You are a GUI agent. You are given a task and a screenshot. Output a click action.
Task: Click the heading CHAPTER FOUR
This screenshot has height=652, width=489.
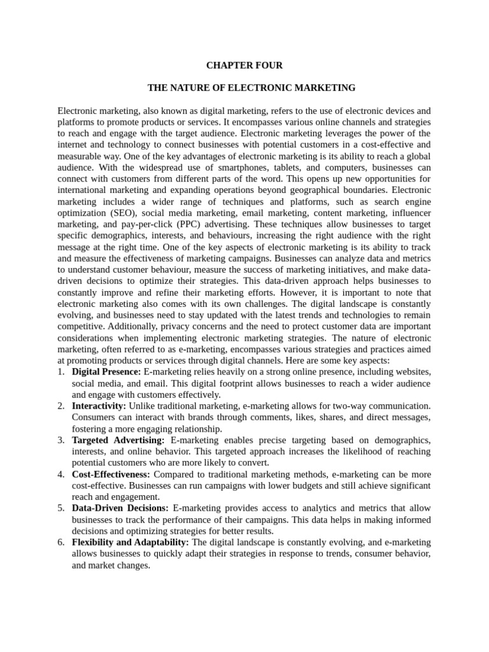[244, 66]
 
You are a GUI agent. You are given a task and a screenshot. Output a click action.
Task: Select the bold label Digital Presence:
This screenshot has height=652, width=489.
[106, 371]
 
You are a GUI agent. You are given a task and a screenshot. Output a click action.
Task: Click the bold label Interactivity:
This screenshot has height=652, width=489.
[99, 406]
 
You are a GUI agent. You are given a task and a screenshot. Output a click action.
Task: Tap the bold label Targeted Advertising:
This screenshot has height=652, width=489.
[118, 440]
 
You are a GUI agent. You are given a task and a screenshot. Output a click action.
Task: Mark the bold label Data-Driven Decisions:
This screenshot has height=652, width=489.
[120, 508]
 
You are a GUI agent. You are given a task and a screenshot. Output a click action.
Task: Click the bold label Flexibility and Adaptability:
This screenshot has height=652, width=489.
[131, 542]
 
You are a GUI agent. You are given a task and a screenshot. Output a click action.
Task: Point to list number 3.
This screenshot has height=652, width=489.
[60, 440]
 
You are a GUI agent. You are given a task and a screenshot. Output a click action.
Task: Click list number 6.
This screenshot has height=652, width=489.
[60, 542]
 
